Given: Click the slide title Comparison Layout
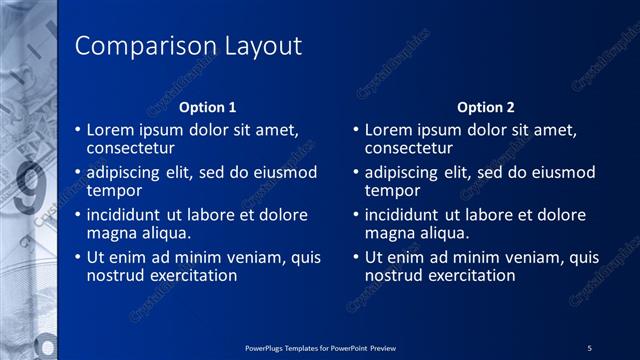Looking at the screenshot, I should (x=189, y=47).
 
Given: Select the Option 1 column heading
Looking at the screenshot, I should (x=207, y=107).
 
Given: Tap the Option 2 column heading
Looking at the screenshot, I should (x=486, y=107).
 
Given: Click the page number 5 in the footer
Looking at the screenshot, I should (x=590, y=347).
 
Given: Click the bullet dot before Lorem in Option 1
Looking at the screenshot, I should (x=79, y=130).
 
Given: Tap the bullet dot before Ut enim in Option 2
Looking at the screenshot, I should (x=357, y=258).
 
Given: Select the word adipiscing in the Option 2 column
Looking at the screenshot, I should (x=403, y=172).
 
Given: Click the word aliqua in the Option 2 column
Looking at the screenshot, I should (x=442, y=233).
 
